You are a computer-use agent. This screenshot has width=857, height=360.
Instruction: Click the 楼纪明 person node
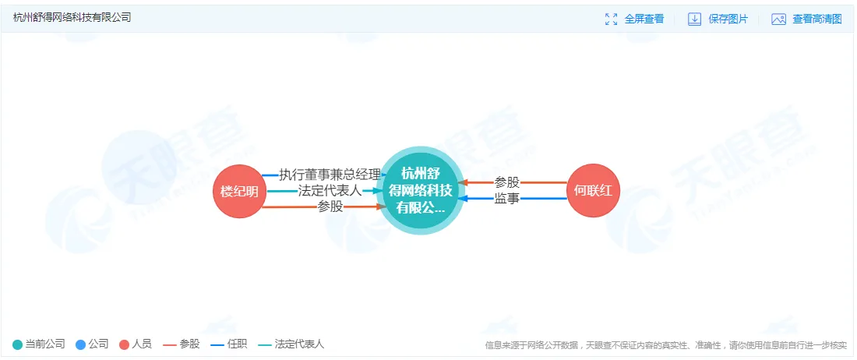(239, 191)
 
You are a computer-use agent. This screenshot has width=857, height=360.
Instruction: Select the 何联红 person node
(594, 191)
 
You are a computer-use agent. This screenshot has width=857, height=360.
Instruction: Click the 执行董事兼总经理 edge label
(330, 175)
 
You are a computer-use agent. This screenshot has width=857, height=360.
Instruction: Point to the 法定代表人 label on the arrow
(330, 191)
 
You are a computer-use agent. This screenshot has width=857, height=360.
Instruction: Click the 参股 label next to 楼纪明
(330, 207)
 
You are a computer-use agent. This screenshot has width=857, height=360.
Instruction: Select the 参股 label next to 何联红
(506, 182)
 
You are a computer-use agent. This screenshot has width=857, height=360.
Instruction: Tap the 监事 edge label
(506, 199)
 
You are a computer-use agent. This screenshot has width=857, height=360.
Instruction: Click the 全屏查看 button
(644, 19)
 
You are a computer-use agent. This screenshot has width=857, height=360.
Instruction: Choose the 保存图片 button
(728, 19)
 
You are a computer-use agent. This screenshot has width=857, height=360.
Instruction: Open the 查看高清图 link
(817, 19)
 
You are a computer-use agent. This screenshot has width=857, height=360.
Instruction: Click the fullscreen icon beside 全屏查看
(612, 19)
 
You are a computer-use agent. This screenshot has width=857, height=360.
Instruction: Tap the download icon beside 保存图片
(695, 19)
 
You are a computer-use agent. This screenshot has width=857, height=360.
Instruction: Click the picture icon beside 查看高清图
(778, 19)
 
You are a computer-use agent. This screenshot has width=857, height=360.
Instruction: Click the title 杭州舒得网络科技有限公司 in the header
(72, 17)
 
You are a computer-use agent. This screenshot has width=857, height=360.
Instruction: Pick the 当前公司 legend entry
(39, 344)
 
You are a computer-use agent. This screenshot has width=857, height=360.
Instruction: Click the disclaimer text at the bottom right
(665, 345)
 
